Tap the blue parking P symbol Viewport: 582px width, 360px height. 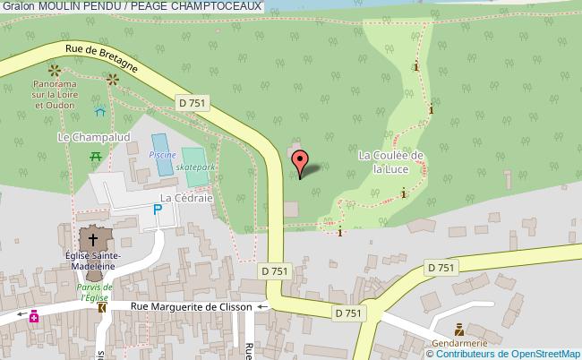pyautogui.click(x=158, y=210)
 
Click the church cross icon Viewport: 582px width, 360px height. pyautogui.click(x=93, y=239)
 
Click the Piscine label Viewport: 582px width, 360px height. pyautogui.click(x=161, y=154)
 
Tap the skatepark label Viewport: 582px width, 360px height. pyautogui.click(x=196, y=167)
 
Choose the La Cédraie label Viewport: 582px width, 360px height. pyautogui.click(x=185, y=197)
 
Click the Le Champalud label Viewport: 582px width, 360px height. pyautogui.click(x=81, y=137)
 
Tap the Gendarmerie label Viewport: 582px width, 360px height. pyautogui.click(x=458, y=343)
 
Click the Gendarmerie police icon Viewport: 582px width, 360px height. pyautogui.click(x=459, y=330)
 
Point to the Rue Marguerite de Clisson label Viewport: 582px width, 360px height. pyautogui.click(x=191, y=306)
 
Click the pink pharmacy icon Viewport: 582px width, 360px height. pyautogui.click(x=34, y=315)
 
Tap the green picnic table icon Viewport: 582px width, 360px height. pyautogui.click(x=96, y=157)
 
